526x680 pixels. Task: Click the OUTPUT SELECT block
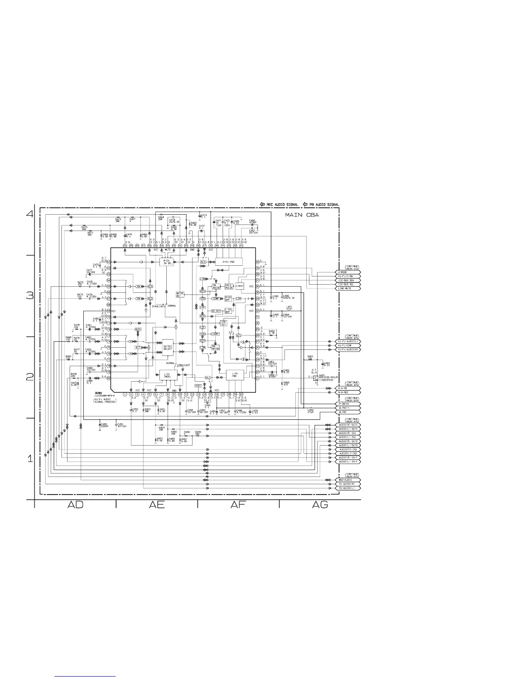168,346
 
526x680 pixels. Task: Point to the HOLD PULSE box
229,286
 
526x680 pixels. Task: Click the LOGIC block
240,286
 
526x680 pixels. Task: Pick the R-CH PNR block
228,261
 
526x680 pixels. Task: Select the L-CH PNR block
235,375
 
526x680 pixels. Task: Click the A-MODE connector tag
347,272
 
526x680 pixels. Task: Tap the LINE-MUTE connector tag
347,288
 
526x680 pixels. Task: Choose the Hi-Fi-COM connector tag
347,346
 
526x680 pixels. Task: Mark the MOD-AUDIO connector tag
347,480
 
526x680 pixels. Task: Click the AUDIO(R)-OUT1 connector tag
347,425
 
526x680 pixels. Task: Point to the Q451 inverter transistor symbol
316,378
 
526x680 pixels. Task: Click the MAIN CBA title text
303,215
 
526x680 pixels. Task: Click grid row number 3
30,296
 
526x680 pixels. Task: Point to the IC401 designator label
98,392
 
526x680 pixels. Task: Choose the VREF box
198,386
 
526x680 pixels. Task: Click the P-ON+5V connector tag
347,404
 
